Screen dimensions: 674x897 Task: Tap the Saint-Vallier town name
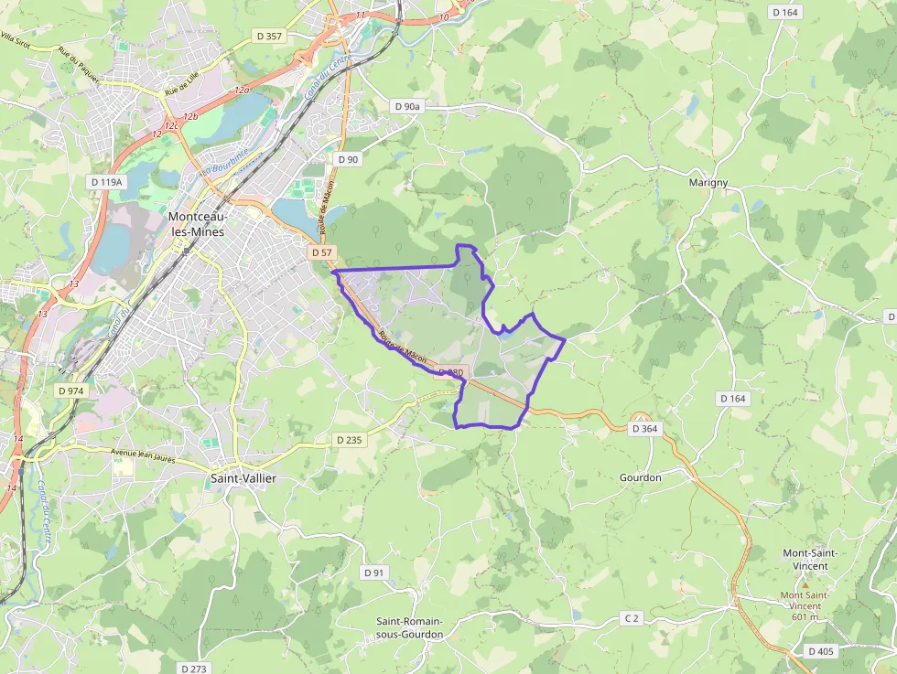[x=243, y=478]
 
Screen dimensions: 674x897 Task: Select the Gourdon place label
[x=640, y=477]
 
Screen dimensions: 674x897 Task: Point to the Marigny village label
[x=708, y=183]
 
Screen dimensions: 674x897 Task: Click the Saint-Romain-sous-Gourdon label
[x=410, y=628]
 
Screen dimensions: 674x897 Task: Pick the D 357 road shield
[x=270, y=36]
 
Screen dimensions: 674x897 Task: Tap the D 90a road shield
[x=408, y=107]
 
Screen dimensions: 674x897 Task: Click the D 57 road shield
[x=321, y=251]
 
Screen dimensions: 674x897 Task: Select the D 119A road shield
[x=107, y=182]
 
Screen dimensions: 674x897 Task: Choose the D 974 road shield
[x=70, y=390]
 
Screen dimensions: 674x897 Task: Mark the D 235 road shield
[x=349, y=440]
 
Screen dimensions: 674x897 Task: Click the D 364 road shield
[x=644, y=428]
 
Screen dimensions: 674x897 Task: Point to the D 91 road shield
[x=373, y=572]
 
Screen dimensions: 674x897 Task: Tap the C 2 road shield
[x=631, y=618]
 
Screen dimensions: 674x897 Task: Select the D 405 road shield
[x=821, y=651]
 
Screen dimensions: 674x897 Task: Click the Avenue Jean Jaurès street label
[x=142, y=451]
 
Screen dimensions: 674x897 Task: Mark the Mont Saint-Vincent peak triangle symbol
[x=805, y=583]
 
